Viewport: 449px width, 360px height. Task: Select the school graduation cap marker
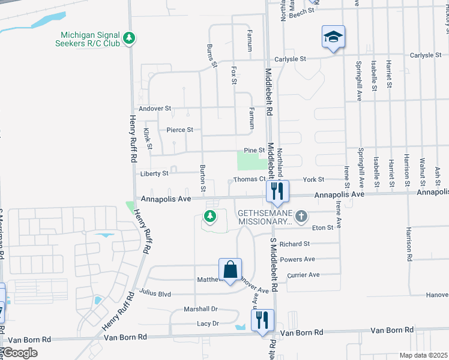[x=333, y=37]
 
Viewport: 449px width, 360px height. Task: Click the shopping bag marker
[x=230, y=270]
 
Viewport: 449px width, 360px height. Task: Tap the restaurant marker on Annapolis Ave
[x=277, y=191]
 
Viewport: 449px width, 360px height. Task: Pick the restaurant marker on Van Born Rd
[x=262, y=321]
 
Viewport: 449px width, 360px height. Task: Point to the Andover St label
[x=155, y=109]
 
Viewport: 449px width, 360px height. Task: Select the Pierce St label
[x=180, y=130]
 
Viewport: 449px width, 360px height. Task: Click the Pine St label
[x=254, y=150]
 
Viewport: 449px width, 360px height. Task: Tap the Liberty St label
[x=154, y=173]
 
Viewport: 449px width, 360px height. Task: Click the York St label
[x=313, y=179]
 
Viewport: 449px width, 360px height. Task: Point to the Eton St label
[x=323, y=228]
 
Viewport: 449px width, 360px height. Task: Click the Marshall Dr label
[x=200, y=309]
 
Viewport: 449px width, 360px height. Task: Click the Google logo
[x=19, y=353]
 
